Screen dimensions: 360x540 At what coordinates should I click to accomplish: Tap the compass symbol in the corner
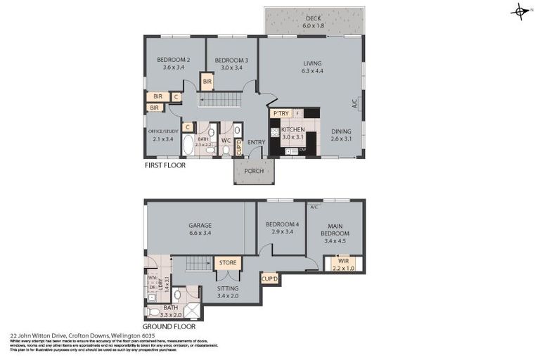click(520, 11)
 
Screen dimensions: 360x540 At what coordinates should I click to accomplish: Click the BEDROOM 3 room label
click(229, 64)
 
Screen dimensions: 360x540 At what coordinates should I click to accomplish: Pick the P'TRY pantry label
click(282, 113)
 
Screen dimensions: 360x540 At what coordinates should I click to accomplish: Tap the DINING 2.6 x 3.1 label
click(341, 134)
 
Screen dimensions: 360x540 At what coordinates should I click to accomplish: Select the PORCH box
click(254, 171)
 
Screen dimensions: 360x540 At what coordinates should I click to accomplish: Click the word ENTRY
click(256, 143)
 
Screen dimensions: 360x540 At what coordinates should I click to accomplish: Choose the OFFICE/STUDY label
click(162, 135)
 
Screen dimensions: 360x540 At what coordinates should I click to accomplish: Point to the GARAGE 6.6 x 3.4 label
click(200, 230)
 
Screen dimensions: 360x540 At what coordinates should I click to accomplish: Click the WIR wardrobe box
click(335, 264)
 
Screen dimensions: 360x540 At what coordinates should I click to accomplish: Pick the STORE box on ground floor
click(228, 264)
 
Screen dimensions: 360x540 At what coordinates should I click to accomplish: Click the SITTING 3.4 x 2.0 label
click(228, 292)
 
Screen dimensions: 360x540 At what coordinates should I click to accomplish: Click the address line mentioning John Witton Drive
click(77, 336)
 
